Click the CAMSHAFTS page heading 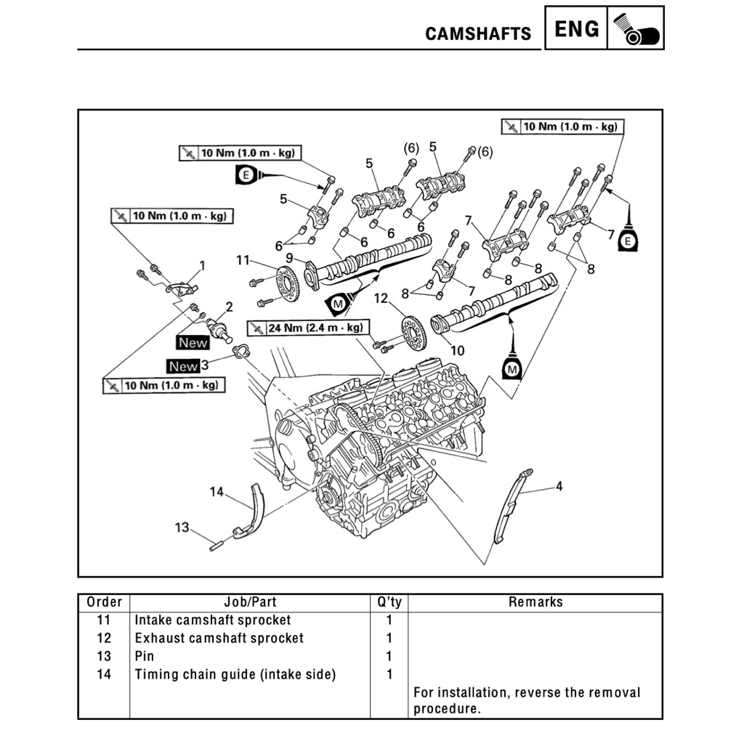click(478, 34)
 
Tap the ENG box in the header click(577, 29)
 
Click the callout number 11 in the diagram click(243, 260)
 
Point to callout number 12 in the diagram click(382, 299)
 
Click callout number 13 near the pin click(182, 527)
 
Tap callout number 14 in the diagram click(217, 492)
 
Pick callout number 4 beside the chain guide click(559, 486)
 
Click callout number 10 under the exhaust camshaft click(457, 350)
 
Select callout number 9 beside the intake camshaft click(289, 258)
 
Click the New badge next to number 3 click(183, 367)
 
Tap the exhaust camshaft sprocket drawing click(413, 333)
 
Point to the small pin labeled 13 click(216, 546)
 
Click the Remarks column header click(535, 602)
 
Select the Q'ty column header click(389, 602)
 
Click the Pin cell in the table click(145, 656)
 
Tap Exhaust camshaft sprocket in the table click(219, 638)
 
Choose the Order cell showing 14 click(104, 674)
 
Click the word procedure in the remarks click(447, 709)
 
